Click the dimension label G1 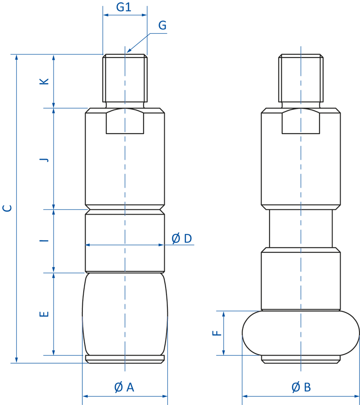[123, 7]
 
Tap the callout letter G [162, 26]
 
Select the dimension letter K [44, 81]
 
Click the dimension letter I [44, 241]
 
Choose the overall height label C [7, 208]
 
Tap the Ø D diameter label [182, 238]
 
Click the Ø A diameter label [124, 387]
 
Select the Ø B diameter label [301, 387]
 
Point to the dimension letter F [217, 333]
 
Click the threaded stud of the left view [125, 79]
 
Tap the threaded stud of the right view [301, 79]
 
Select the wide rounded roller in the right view [301, 332]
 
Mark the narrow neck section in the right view [301, 229]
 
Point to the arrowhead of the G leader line [128, 52]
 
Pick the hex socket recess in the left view [125, 121]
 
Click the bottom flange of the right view [301, 359]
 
